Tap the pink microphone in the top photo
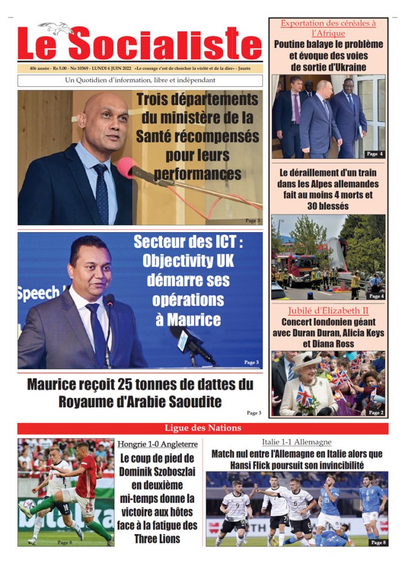(127, 167)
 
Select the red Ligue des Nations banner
(202, 428)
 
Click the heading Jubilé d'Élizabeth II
(328, 311)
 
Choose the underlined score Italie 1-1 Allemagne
(297, 442)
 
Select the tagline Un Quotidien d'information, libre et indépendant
(140, 80)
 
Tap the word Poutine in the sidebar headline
(295, 45)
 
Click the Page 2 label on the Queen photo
(376, 412)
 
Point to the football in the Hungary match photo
(29, 504)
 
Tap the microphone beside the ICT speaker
(187, 341)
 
